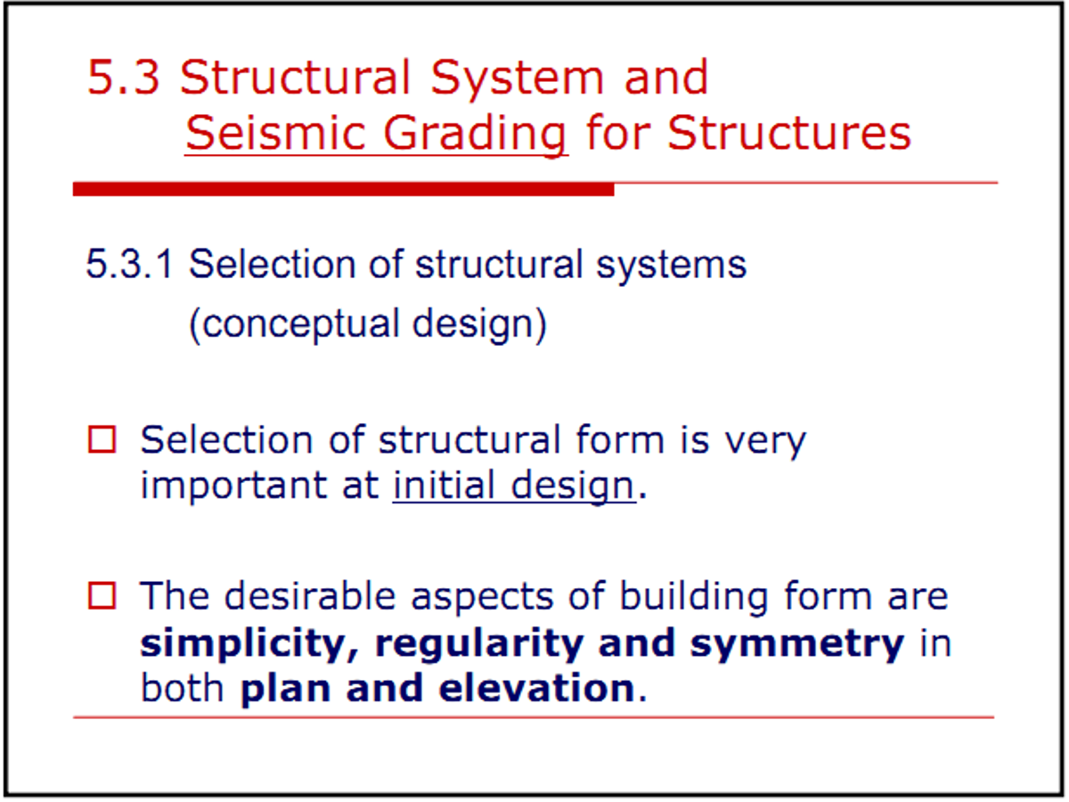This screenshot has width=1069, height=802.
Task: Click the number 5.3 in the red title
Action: point(123,77)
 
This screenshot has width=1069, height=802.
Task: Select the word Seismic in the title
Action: point(275,133)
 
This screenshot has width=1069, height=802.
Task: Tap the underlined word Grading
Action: point(475,136)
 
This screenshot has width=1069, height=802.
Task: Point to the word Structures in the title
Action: point(788,133)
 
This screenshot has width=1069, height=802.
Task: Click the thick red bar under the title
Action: point(343,189)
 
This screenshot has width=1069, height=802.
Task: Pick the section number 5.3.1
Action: point(129,265)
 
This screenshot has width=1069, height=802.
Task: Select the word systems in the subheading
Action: point(671,266)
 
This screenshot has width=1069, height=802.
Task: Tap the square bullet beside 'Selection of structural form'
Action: point(102,439)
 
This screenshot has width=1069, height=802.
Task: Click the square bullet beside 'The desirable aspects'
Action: point(102,595)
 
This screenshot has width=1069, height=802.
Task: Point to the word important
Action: point(233,486)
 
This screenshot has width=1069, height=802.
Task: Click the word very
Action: point(765,443)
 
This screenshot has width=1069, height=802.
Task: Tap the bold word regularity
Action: point(478,644)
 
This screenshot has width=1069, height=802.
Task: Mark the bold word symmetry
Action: point(797,644)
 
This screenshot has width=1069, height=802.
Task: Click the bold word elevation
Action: point(536,688)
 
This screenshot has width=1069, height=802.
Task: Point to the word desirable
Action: point(310,595)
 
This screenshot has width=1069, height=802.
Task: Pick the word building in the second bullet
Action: point(694,597)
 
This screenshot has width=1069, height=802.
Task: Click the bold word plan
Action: point(286,690)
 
